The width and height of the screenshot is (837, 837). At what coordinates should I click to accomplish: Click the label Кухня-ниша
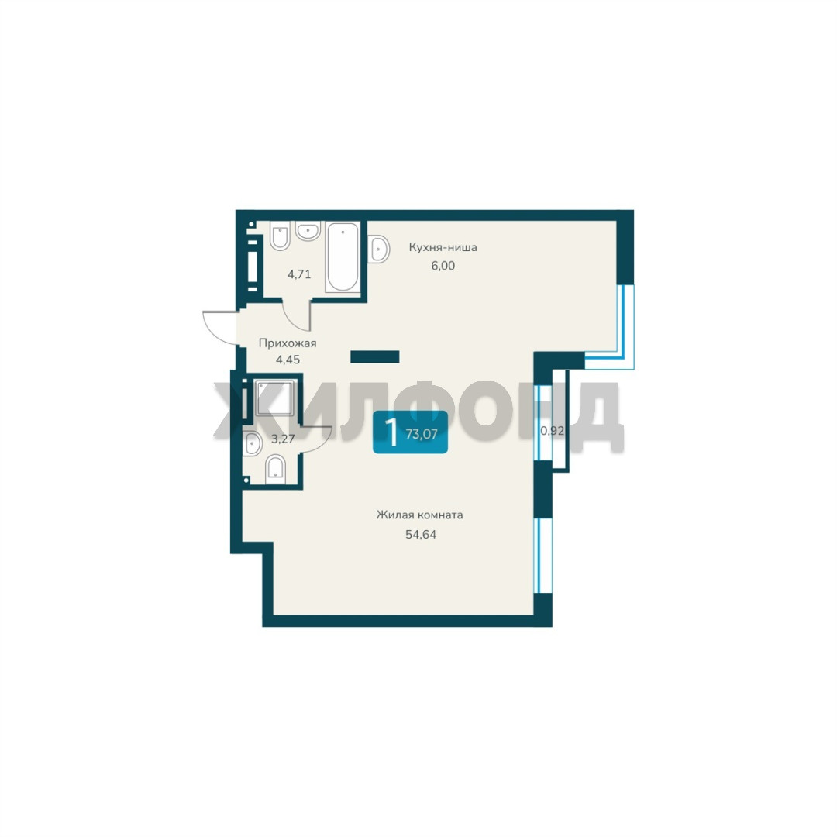pos(443,248)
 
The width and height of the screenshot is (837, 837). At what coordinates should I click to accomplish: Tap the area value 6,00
pos(443,266)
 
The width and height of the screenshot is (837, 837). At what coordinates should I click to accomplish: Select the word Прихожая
pos(288,343)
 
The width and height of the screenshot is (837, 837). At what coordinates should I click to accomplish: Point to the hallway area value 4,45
pos(288,360)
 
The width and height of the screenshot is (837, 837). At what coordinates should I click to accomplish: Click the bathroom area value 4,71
pos(299,275)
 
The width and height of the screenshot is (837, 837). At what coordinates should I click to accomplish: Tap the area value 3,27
pos(283,439)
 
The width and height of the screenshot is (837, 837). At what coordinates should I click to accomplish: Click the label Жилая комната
pos(419,515)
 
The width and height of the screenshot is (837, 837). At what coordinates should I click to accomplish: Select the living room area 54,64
pos(421,534)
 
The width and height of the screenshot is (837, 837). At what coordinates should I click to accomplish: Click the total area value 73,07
pos(421,434)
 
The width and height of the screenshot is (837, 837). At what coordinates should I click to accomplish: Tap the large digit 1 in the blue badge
pos(392,433)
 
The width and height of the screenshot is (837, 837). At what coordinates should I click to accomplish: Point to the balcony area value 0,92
pos(553,431)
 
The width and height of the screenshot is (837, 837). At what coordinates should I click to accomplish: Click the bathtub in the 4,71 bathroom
pos(343,257)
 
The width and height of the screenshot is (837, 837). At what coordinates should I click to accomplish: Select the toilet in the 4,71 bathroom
pos(281,236)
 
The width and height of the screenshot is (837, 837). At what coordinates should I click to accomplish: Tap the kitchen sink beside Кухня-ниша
pos(378,248)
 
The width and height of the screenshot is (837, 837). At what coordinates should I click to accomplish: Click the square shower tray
pos(274,398)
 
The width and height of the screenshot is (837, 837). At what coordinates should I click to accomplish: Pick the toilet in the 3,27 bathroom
pos(275,469)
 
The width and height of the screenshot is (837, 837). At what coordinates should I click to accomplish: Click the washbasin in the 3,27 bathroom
pos(252,444)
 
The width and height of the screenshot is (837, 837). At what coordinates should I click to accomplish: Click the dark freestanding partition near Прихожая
pos(375,356)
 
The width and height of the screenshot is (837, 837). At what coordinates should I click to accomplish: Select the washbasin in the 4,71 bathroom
pos(308,231)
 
